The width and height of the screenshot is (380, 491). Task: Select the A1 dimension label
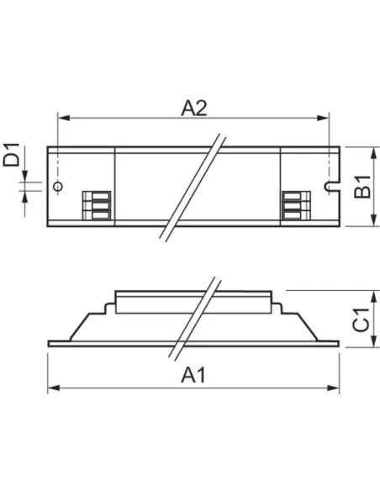(194, 375)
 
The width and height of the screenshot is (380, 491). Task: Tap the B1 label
(362, 187)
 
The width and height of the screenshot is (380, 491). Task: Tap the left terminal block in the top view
(96, 207)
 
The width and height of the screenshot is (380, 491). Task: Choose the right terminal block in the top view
(294, 207)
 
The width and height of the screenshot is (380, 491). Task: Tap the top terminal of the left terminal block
(96, 198)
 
